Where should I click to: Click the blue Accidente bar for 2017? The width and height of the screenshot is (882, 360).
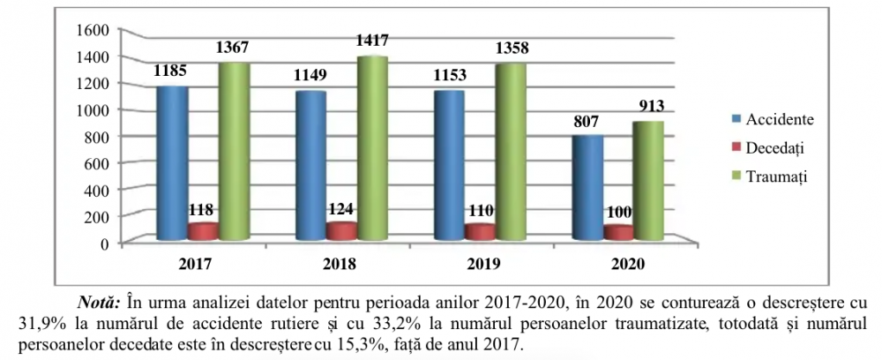pyautogui.click(x=172, y=163)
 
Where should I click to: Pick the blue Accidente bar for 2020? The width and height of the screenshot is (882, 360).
pyautogui.click(x=587, y=188)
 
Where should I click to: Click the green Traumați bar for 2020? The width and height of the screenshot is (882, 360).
pyautogui.click(x=649, y=181)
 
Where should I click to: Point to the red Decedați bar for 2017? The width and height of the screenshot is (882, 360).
pyautogui.click(x=203, y=231)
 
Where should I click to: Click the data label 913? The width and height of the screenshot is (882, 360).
pyautogui.click(x=649, y=107)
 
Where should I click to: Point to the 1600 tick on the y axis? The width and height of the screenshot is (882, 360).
pyautogui.click(x=93, y=29)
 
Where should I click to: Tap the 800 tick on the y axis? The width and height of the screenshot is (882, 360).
pyautogui.click(x=96, y=136)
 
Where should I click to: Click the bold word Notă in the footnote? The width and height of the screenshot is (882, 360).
pyautogui.click(x=101, y=296)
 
